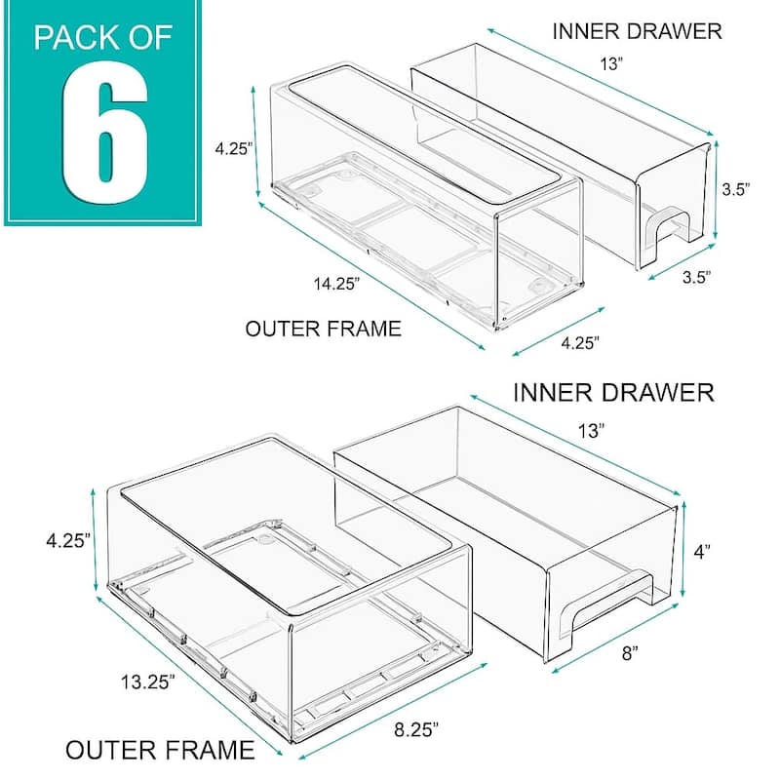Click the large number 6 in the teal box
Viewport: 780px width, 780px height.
[x=103, y=133]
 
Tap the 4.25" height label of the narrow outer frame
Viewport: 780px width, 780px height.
[x=235, y=149]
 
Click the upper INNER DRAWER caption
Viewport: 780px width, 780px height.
[x=637, y=30]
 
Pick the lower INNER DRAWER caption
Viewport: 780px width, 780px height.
[x=613, y=393]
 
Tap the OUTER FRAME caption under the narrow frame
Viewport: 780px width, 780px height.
[x=324, y=329]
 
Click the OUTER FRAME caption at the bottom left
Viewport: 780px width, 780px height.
[x=160, y=750]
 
